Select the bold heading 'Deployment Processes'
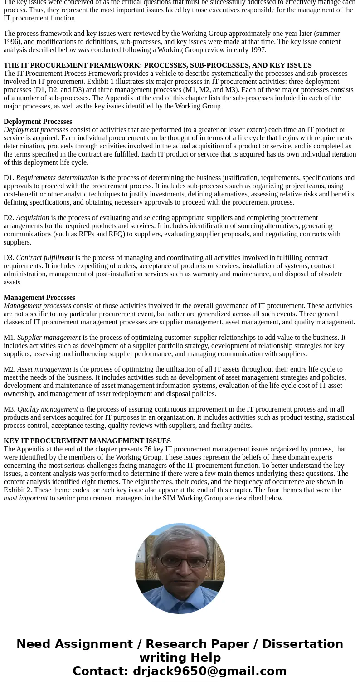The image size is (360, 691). (38, 122)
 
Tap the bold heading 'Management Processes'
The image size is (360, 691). (39, 298)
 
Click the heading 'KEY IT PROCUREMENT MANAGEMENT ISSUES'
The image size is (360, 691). (87, 441)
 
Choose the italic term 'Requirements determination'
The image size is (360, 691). (57, 178)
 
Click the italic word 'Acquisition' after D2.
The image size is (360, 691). (33, 218)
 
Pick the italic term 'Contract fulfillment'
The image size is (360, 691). (45, 258)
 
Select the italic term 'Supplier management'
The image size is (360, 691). (49, 338)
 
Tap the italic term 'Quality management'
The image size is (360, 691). (48, 409)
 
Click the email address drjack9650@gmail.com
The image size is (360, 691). (209, 671)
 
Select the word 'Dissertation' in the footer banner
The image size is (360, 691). (302, 644)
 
